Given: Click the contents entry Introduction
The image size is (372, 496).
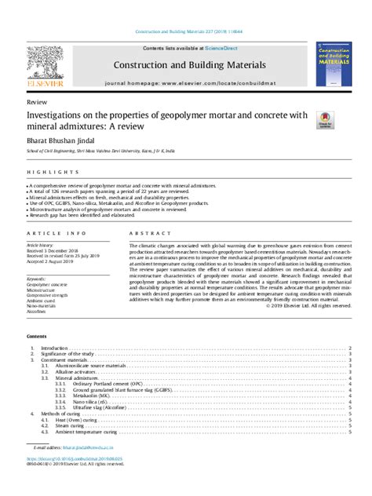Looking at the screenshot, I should [x=54, y=348].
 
